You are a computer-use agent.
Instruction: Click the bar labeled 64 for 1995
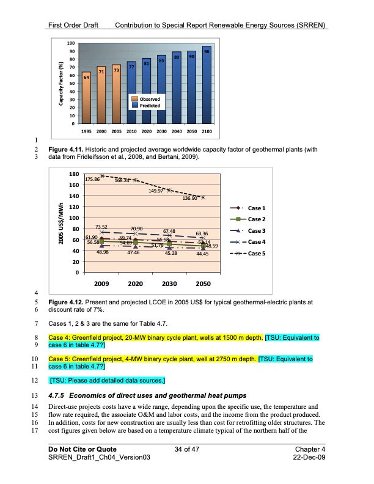tap(87, 98)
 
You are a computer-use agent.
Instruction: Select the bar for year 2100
tap(207, 86)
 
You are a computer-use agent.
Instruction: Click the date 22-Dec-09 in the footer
tap(309, 458)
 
